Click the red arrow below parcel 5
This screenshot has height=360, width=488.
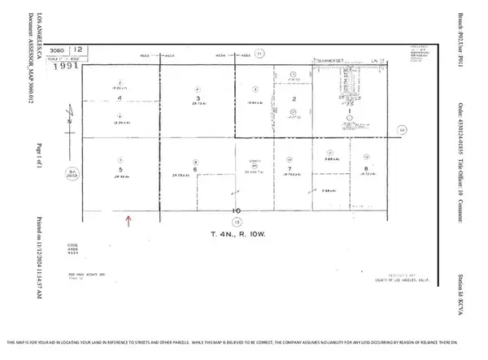click(x=129, y=218)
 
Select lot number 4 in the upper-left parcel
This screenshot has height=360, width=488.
click(x=119, y=98)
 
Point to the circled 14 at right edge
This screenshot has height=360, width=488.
click(x=401, y=128)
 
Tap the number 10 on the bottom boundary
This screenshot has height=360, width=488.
click(x=236, y=210)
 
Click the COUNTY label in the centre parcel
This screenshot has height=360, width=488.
click(x=253, y=163)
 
